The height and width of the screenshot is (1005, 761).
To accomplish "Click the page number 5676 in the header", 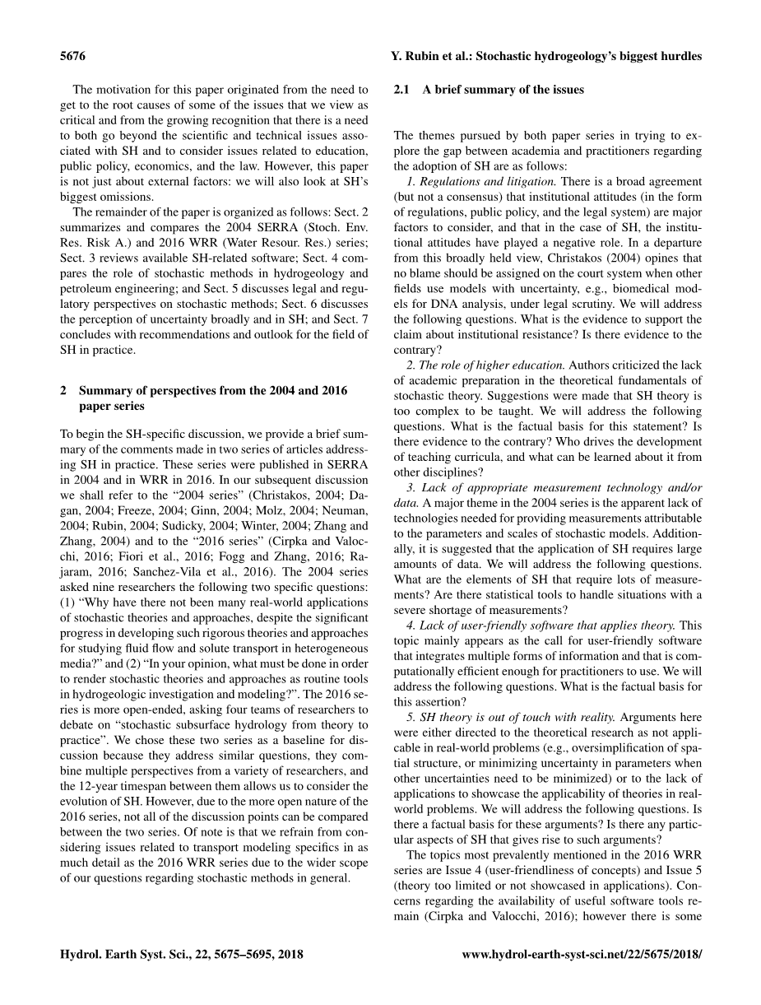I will pyautogui.click(x=73, y=57).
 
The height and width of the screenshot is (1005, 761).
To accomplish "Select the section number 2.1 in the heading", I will pyautogui.click(x=401, y=90).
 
